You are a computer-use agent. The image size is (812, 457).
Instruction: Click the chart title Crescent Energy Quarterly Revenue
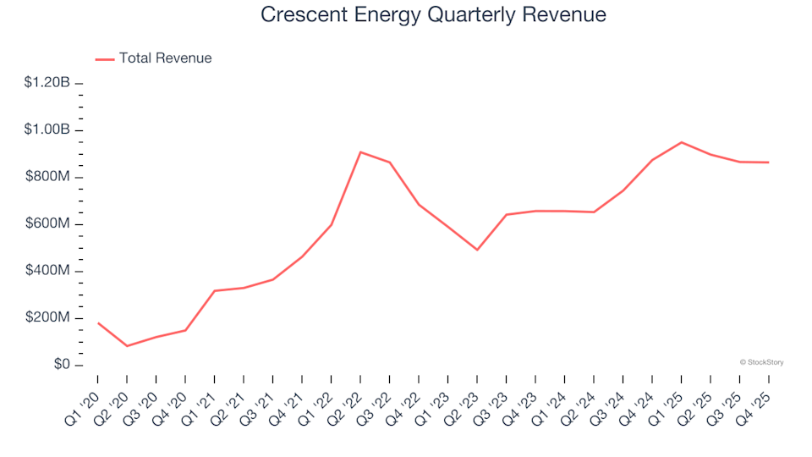(x=433, y=15)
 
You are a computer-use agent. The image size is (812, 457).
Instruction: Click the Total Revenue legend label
(x=165, y=58)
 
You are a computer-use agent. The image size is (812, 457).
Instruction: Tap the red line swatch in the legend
(x=105, y=59)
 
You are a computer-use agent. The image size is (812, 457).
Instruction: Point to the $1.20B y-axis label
(x=47, y=83)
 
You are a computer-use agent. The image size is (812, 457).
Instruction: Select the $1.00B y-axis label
(x=47, y=130)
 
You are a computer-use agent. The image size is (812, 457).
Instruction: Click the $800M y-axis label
(x=49, y=178)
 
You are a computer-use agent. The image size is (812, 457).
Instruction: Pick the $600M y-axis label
(x=49, y=224)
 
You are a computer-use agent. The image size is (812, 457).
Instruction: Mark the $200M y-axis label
(x=49, y=318)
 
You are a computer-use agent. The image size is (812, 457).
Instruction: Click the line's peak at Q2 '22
(x=360, y=152)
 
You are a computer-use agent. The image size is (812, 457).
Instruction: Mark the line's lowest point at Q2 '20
(x=127, y=346)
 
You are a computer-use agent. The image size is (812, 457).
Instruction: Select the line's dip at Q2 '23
(x=477, y=250)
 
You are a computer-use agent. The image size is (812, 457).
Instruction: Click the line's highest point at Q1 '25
(x=681, y=142)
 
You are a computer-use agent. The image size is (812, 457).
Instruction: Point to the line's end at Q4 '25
(x=768, y=162)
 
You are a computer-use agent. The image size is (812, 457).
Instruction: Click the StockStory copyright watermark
(x=761, y=362)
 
